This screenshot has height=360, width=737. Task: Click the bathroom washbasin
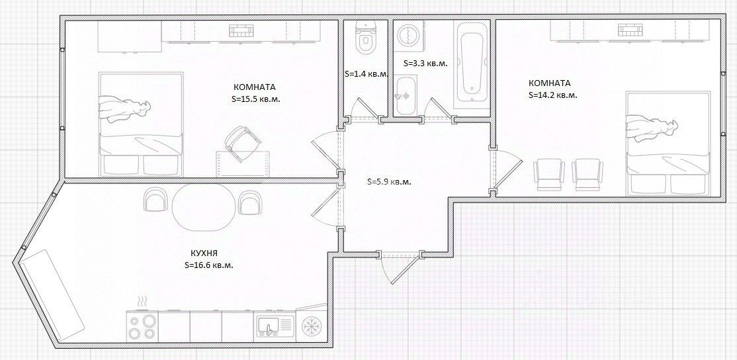coord(405,95)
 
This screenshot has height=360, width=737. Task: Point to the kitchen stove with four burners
coord(142,327)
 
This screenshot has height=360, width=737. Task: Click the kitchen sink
coord(275,327)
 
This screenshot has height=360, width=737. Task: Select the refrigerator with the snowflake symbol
coord(310,325)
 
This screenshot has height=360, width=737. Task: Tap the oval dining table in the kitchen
coord(203,206)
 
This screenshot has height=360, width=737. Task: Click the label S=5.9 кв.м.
coord(389,182)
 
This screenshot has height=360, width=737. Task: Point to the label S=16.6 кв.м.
coord(209,265)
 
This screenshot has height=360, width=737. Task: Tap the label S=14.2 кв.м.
coord(553,95)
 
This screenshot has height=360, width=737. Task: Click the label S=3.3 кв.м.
coord(426,63)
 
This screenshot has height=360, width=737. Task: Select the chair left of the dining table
coord(154,200)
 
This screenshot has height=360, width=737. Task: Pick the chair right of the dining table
coord(250,202)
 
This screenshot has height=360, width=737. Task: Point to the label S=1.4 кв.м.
coord(367,73)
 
